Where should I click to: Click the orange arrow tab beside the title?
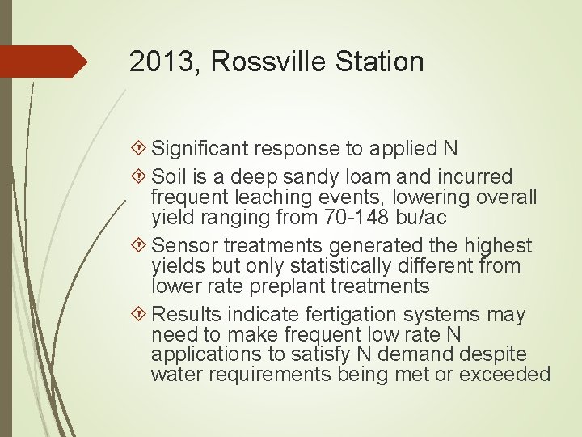(44, 62)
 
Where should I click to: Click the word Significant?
(202, 148)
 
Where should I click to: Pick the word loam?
(365, 176)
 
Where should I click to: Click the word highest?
(501, 245)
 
